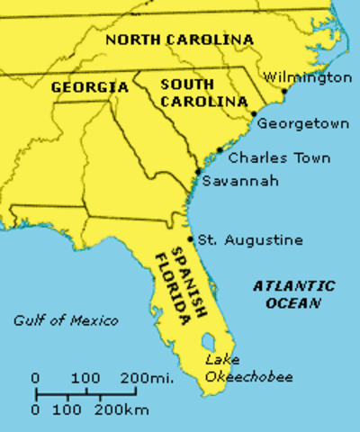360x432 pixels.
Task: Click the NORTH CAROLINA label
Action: coord(180,40)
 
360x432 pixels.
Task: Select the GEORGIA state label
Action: coord(90,87)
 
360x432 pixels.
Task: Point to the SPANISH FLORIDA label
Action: coord(173,282)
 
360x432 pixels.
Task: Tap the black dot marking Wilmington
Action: coord(284,91)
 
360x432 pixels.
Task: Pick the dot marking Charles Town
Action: coord(220,150)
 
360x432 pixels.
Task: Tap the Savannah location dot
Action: coord(197,171)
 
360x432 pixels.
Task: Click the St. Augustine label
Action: coord(250,240)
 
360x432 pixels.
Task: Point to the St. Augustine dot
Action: coord(191,239)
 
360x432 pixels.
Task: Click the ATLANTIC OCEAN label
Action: coord(293,294)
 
